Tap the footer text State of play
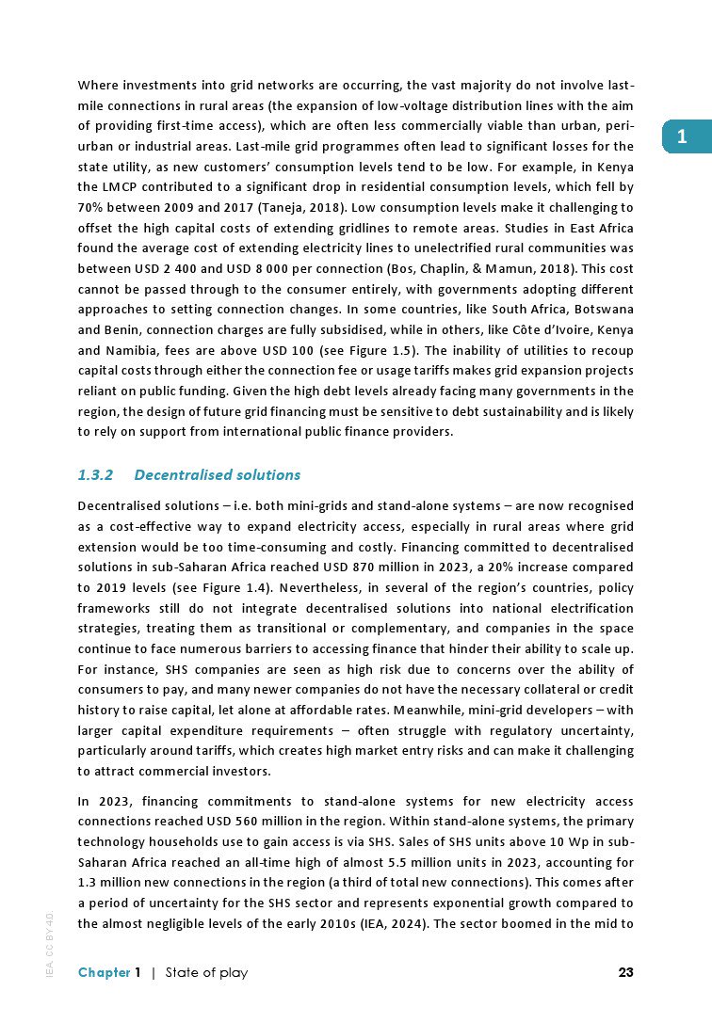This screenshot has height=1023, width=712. [x=206, y=972]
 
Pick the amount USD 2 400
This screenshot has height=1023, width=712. [x=163, y=268]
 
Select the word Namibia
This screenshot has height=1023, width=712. [x=138, y=350]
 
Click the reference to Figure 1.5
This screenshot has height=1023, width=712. [x=399, y=350]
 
